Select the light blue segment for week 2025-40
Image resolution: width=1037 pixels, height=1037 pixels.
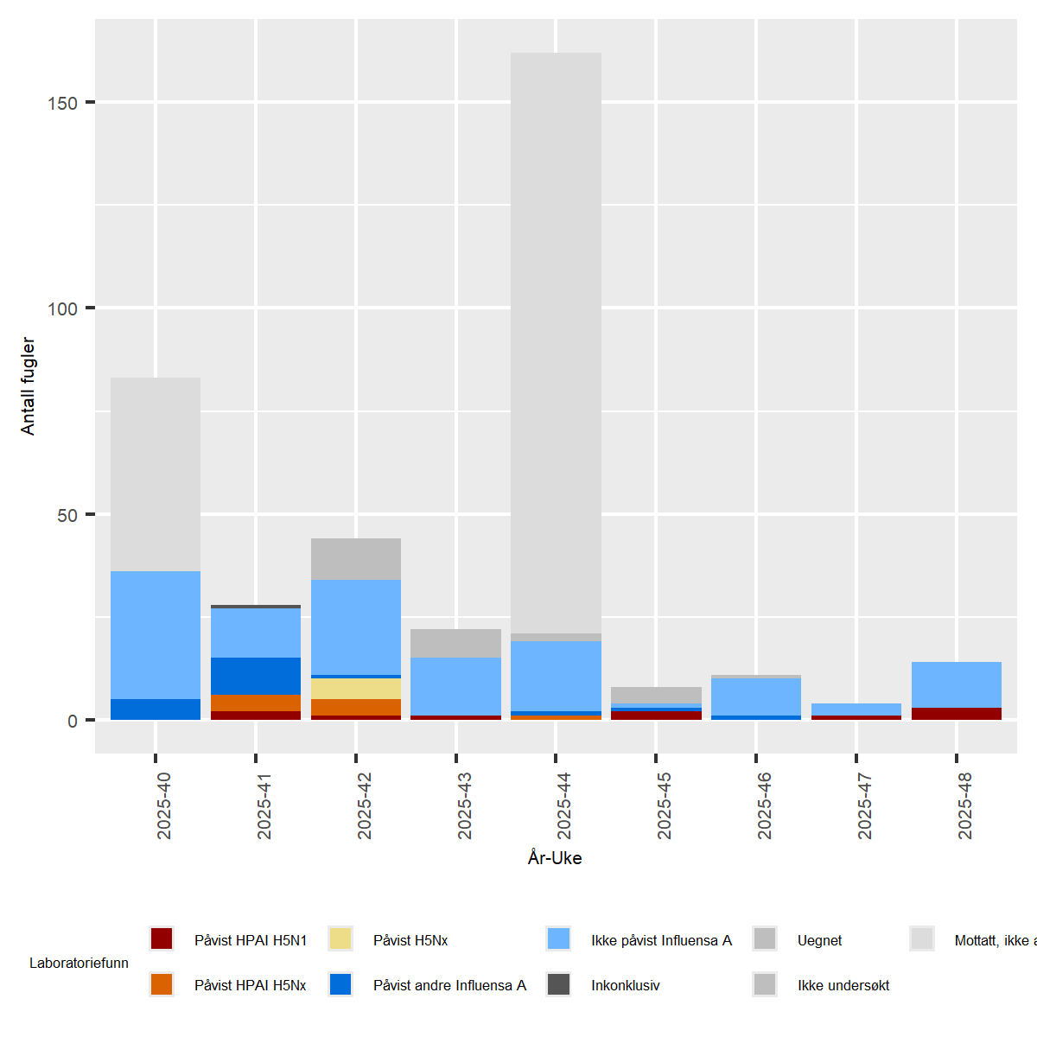tap(156, 635)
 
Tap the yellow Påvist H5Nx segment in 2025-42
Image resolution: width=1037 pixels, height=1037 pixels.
tap(356, 689)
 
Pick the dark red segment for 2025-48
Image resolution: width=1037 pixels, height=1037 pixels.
tap(957, 714)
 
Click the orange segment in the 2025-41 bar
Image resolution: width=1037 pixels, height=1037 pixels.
tap(256, 703)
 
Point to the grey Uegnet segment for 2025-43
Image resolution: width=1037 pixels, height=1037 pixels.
tap(456, 643)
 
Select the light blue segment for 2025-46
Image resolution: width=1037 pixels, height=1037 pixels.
tap(756, 697)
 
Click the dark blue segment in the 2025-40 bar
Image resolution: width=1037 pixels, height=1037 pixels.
tap(156, 709)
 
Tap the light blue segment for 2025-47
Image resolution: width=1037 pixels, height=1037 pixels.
tap(856, 709)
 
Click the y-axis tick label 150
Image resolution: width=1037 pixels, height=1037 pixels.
tap(62, 103)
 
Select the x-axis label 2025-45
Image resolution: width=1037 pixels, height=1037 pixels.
tap(665, 805)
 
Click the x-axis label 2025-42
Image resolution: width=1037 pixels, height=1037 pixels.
tap(365, 805)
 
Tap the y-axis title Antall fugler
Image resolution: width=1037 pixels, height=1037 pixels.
tap(28, 385)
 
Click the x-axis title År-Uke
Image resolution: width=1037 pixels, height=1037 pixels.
tap(555, 858)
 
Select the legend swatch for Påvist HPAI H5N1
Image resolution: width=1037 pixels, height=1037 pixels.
tap(162, 939)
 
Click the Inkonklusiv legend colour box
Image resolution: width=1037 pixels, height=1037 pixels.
tap(559, 984)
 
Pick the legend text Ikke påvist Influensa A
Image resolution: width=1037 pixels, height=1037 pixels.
tap(661, 940)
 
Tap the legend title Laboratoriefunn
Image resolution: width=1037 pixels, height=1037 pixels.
tap(79, 963)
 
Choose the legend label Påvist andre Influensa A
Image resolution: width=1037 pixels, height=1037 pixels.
tap(449, 985)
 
